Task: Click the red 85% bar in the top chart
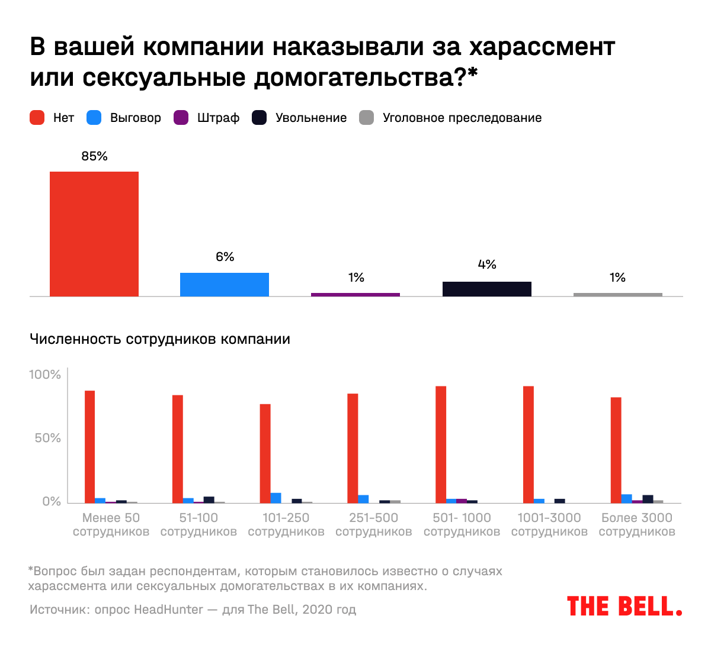coord(94,234)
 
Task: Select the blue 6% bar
coord(225,285)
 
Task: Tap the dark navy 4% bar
coord(486,289)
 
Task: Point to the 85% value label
coord(95,156)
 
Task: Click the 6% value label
coord(225,257)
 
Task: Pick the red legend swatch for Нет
coord(37,118)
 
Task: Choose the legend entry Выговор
coord(135,118)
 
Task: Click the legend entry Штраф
coord(218,118)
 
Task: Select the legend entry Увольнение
coord(310,118)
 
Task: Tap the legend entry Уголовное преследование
coord(462,118)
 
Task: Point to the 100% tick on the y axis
coord(45,375)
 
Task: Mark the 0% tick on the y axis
coord(52,501)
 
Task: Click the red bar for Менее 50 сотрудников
coord(89,447)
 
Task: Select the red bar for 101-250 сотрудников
coord(265,453)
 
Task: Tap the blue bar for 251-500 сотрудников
coord(363,499)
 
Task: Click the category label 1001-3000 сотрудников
coord(549,524)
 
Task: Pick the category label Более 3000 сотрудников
coord(637,524)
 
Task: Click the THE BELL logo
coord(624,606)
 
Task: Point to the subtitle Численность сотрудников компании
coord(160,339)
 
